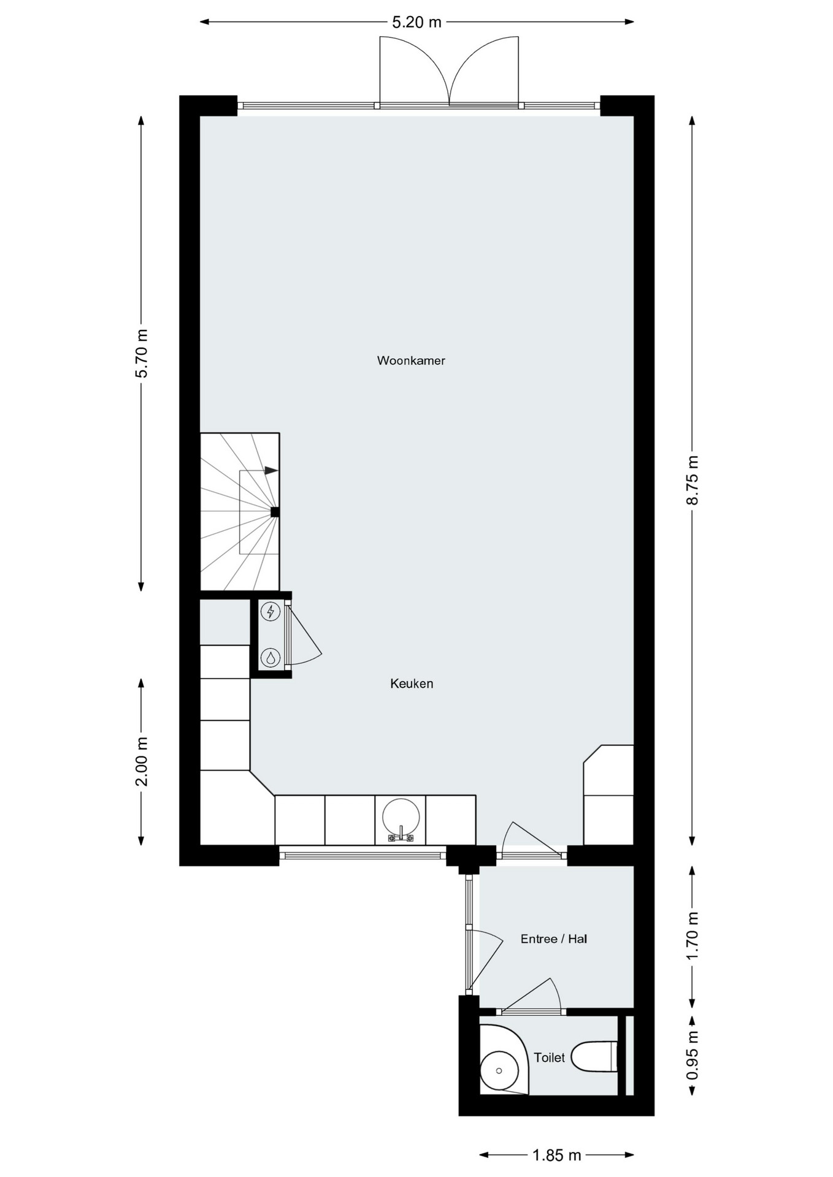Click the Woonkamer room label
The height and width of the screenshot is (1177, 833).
click(x=411, y=360)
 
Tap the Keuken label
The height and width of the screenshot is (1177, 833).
click(x=412, y=684)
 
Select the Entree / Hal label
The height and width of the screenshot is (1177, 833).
click(x=554, y=939)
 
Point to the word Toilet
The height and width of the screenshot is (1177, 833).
click(x=549, y=1057)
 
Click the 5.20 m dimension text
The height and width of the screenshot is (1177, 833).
click(x=417, y=23)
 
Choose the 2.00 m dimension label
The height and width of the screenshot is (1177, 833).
click(x=142, y=762)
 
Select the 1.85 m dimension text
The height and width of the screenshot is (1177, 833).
click(x=556, y=1156)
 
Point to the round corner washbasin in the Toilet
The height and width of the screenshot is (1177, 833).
click(x=499, y=1071)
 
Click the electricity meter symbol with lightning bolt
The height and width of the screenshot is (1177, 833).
click(x=271, y=611)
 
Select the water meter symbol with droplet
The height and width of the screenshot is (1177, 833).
click(x=271, y=658)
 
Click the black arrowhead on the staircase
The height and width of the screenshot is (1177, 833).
click(x=271, y=471)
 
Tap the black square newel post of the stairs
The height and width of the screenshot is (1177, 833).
click(x=275, y=512)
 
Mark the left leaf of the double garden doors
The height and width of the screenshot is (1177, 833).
click(x=415, y=71)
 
